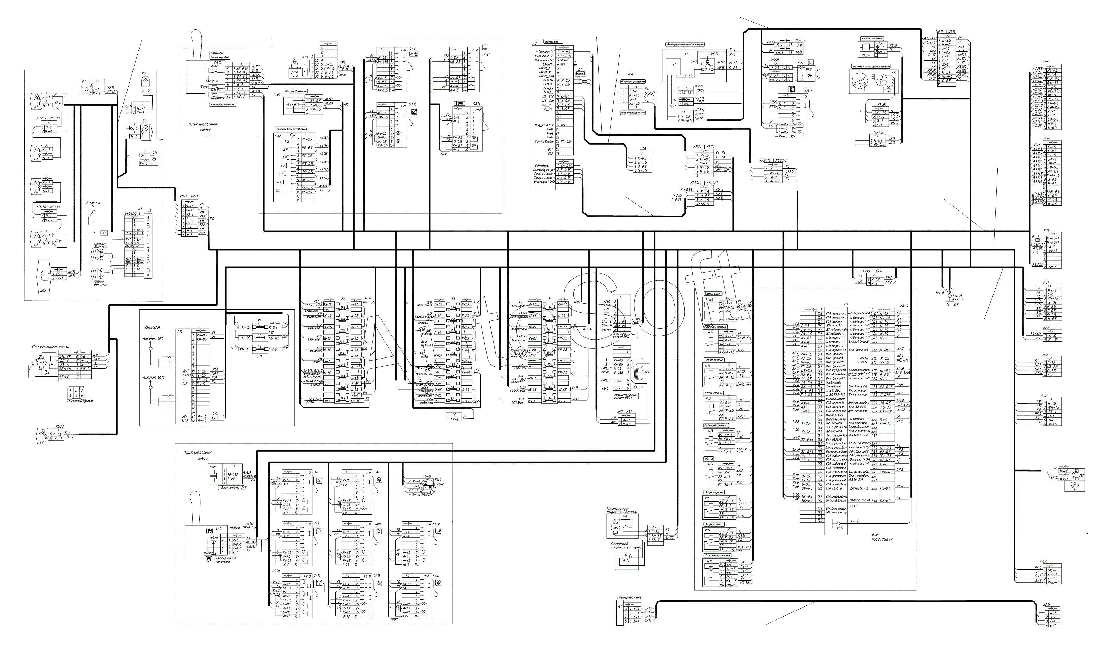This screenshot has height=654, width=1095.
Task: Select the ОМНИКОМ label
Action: tap(152, 328)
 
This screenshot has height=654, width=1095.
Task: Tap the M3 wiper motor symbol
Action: tap(42, 363)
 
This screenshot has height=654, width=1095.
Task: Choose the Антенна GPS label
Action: tap(153, 338)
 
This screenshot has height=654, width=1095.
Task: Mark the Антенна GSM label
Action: tap(153, 378)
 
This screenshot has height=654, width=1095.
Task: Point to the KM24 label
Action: tap(865, 55)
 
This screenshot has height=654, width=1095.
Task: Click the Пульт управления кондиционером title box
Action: tap(684, 44)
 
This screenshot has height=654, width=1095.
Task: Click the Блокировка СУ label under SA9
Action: tap(233, 488)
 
